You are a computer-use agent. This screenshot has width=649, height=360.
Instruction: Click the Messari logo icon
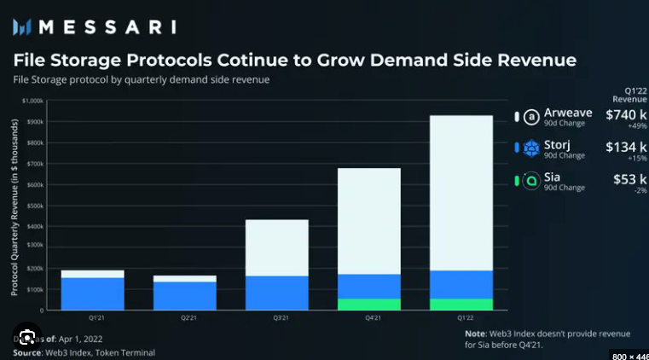click(x=21, y=26)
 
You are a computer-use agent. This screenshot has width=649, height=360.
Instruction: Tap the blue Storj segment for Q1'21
click(x=93, y=293)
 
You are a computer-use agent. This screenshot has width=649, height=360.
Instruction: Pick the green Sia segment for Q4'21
click(x=369, y=304)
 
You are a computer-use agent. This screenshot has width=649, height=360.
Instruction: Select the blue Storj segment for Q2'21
click(x=185, y=295)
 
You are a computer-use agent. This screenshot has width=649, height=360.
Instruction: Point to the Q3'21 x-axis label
click(x=277, y=317)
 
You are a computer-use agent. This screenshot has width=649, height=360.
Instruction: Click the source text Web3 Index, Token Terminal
click(x=100, y=351)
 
